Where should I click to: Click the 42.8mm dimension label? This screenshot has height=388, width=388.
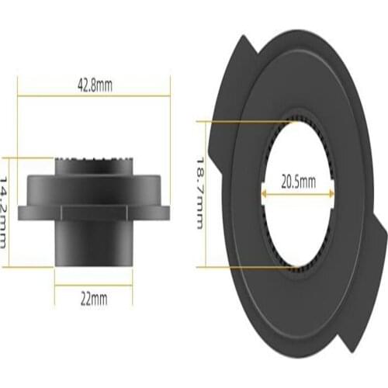click(x=94, y=86)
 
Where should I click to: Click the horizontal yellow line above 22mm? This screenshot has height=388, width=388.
click(x=94, y=285)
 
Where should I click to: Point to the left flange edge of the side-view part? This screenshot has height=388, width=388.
click(x=23, y=210)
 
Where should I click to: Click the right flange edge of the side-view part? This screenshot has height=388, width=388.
click(x=165, y=210)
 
